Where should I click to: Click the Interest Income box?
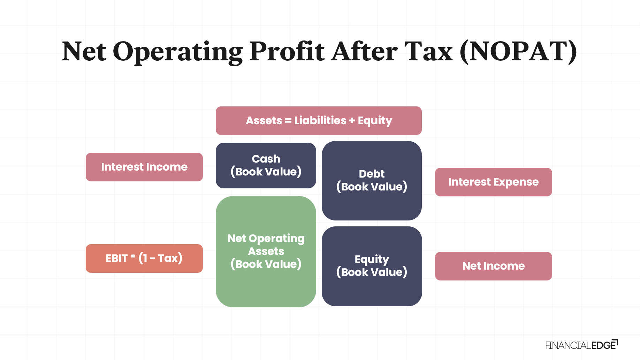pyautogui.click(x=144, y=167)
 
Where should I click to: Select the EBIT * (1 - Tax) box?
pyautogui.click(x=144, y=258)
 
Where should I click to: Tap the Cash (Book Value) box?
pyautogui.click(x=266, y=165)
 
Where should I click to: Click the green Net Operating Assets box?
pyautogui.click(x=266, y=252)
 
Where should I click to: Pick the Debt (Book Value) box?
pyautogui.click(x=372, y=181)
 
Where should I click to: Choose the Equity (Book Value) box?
pyautogui.click(x=372, y=266)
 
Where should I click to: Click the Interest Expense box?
pyautogui.click(x=494, y=182)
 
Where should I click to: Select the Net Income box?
pyautogui.click(x=494, y=266)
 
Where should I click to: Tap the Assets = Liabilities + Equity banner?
pyautogui.click(x=319, y=121)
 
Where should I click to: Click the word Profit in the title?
pyautogui.click(x=287, y=52)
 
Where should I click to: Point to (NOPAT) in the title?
pyautogui.click(x=518, y=52)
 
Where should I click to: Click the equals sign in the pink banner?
pyautogui.click(x=288, y=121)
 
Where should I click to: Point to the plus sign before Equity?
pyautogui.click(x=352, y=121)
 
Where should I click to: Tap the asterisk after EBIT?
pyautogui.click(x=133, y=257)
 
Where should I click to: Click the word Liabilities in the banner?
pyautogui.click(x=320, y=120)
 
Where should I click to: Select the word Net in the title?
pyautogui.click(x=84, y=52)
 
